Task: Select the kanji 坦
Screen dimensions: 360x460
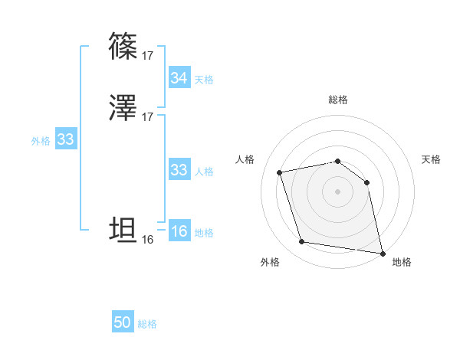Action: click(x=123, y=230)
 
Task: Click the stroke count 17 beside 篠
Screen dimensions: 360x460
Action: click(x=147, y=55)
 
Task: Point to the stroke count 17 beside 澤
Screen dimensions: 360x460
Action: click(x=147, y=117)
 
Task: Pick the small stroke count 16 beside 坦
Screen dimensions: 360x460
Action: click(x=147, y=240)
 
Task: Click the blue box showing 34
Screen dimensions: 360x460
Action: click(x=179, y=78)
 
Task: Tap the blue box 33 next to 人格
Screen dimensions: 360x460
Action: click(x=179, y=170)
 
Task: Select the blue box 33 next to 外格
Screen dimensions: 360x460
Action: click(x=65, y=139)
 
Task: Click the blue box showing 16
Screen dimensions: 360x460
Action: click(x=179, y=232)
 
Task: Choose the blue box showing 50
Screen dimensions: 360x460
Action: click(x=123, y=322)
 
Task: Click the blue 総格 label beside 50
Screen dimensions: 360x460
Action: click(x=147, y=324)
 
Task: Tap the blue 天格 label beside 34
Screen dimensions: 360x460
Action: click(x=204, y=80)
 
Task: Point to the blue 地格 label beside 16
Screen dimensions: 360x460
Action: click(x=204, y=233)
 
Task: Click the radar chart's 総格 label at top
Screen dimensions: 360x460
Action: click(x=338, y=100)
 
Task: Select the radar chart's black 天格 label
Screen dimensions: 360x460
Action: click(x=432, y=159)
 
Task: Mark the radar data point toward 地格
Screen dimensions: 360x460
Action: click(x=382, y=252)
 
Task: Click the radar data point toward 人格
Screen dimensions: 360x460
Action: click(x=281, y=172)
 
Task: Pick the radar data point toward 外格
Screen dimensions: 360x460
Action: click(x=302, y=242)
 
